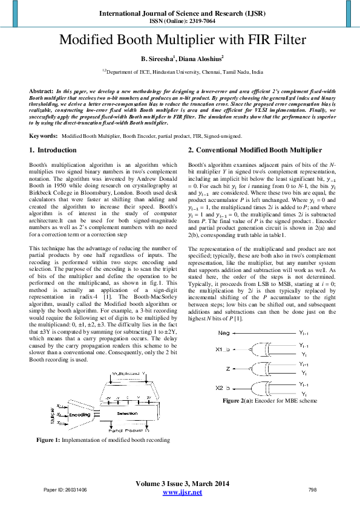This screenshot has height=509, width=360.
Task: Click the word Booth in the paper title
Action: click(x=149, y=41)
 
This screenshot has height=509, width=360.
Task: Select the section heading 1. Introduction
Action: click(x=53, y=150)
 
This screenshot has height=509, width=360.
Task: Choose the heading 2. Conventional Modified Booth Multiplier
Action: click(x=254, y=150)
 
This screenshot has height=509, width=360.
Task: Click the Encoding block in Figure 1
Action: click(x=79, y=415)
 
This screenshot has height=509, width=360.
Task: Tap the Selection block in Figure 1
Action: click(x=127, y=413)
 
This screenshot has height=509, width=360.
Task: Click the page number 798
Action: click(x=313, y=489)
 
